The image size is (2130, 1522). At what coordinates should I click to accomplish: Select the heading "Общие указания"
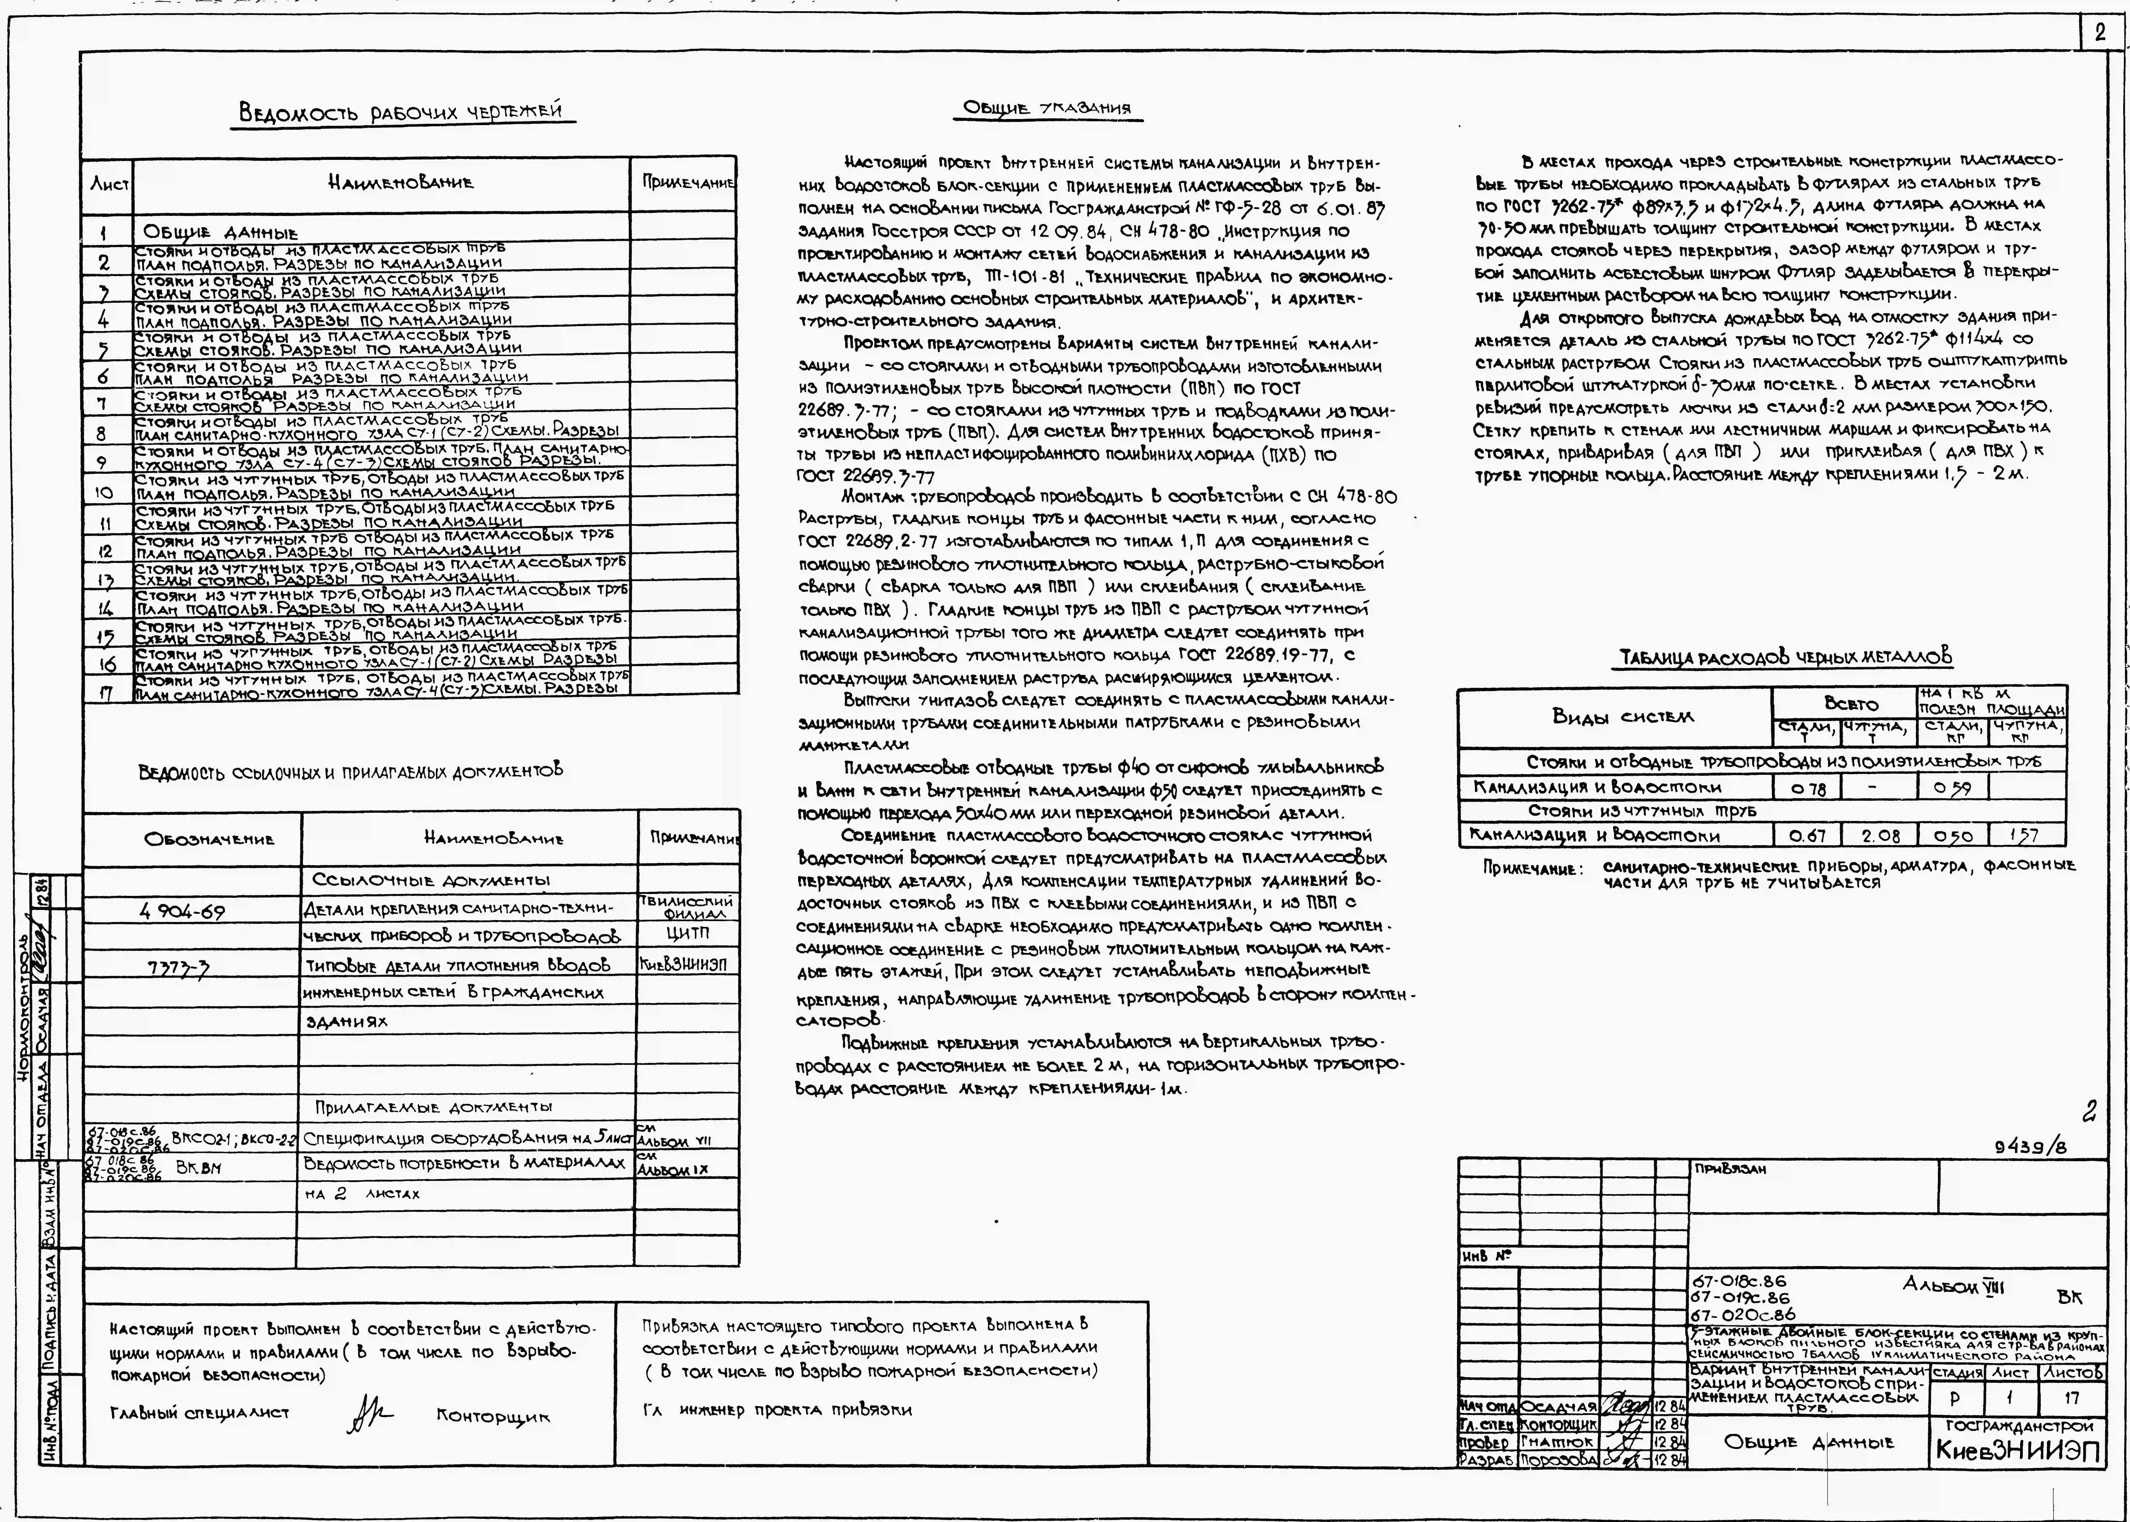(x=1048, y=109)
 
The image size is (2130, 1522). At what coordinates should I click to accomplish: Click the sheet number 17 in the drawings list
(x=106, y=694)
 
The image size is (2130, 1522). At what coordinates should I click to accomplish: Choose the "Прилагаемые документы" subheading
(x=433, y=1107)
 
